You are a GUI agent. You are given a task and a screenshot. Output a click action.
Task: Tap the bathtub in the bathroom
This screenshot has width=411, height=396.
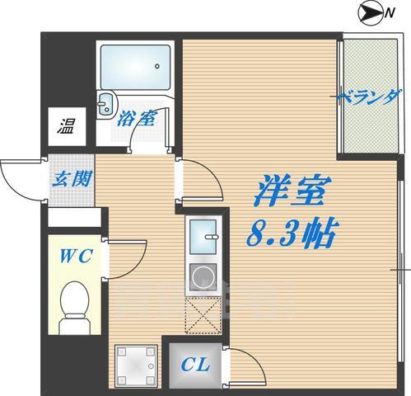[136, 66]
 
